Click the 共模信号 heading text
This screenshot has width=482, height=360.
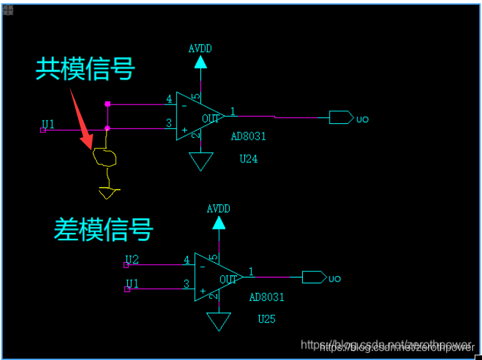point(85,69)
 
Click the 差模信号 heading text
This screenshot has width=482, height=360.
point(103,229)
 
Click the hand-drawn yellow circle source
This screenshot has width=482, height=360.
point(106,158)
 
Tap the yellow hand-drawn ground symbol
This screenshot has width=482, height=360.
point(108,193)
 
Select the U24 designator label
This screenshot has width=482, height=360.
point(248,159)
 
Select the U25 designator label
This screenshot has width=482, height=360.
point(266,319)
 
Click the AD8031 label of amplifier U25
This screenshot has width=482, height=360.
point(266,297)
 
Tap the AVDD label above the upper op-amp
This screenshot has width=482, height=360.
point(200,48)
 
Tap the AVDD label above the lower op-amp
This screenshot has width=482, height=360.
point(218,208)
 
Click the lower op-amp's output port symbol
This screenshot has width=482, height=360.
point(314,277)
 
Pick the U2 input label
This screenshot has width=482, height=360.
point(132,259)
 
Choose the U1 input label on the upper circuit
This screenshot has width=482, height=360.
point(48,124)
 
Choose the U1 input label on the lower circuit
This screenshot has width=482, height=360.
point(132,283)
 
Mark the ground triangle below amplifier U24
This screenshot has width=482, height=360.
point(200,161)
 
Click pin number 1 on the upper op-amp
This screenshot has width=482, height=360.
point(232,110)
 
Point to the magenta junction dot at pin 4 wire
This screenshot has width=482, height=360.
point(107,104)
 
